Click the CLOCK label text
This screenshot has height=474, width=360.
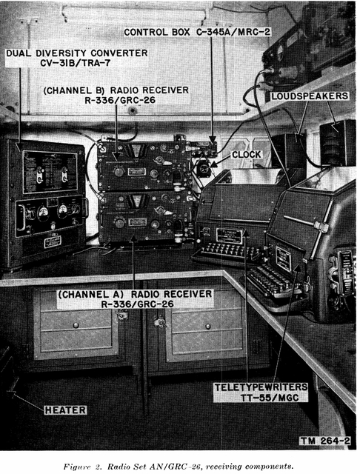click(246, 155)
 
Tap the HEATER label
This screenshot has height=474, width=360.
click(65, 410)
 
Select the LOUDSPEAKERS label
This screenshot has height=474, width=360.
click(310, 96)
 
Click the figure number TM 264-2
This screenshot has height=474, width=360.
click(325, 441)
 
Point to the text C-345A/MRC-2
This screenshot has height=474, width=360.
click(233, 32)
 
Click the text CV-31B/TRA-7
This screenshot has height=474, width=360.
click(76, 63)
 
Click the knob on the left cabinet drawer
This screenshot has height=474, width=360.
click(76, 326)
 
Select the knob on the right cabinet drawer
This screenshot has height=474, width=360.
click(208, 327)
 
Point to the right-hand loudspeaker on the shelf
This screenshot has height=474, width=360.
click(337, 143)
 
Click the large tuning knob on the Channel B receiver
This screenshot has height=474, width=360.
click(119, 172)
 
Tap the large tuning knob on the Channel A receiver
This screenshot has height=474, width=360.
click(120, 223)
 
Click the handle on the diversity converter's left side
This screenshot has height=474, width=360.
click(20, 217)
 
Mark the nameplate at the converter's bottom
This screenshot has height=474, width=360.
click(53, 242)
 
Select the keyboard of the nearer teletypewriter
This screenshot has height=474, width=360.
click(273, 280)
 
